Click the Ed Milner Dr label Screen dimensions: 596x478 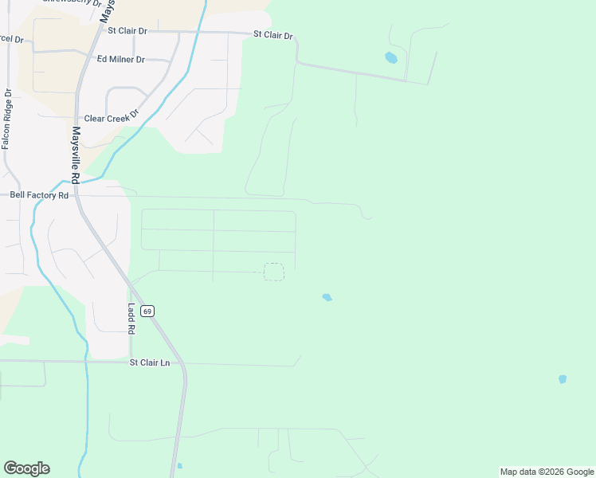coord(120,59)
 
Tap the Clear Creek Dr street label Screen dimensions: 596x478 coord(112,118)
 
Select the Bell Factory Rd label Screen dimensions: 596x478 coord(39,194)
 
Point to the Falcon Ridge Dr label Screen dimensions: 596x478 coord(7,119)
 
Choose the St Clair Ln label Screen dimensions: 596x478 coord(150,362)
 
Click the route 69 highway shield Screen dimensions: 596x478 coord(147,310)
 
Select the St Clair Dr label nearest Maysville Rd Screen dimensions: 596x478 coord(127,31)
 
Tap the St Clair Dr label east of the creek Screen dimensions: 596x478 coord(273,36)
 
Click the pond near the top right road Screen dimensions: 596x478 coord(390,57)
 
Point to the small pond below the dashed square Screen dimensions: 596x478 coord(327,297)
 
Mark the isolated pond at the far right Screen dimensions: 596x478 coord(563,379)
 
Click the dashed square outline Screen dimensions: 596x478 coord(273,272)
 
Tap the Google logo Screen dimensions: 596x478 coord(26,468)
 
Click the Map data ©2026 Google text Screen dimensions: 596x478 coord(547,472)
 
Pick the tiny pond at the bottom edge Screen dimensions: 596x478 coord(179,466)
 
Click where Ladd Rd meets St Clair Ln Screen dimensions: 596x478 coord(131,362)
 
